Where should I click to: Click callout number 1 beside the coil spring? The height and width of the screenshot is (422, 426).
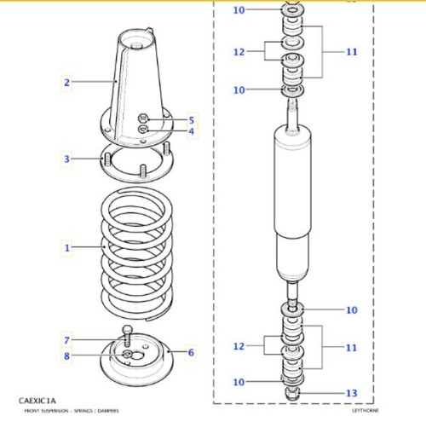tap(66, 248)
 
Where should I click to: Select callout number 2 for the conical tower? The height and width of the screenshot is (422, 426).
tap(66, 83)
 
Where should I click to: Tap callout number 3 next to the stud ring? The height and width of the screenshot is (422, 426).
tap(66, 159)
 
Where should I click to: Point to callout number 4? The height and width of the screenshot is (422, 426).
tap(192, 131)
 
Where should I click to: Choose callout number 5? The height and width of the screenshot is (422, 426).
tap(192, 120)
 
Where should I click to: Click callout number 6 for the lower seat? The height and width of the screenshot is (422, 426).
tap(191, 352)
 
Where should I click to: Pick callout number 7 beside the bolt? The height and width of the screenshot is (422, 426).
tap(66, 340)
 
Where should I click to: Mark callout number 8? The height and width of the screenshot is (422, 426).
tap(66, 356)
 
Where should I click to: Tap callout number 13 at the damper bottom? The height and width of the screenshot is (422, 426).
tap(352, 393)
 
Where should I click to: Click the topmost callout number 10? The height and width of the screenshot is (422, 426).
tap(239, 10)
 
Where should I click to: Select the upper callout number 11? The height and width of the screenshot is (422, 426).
tap(352, 52)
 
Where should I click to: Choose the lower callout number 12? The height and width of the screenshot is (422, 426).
tap(239, 346)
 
